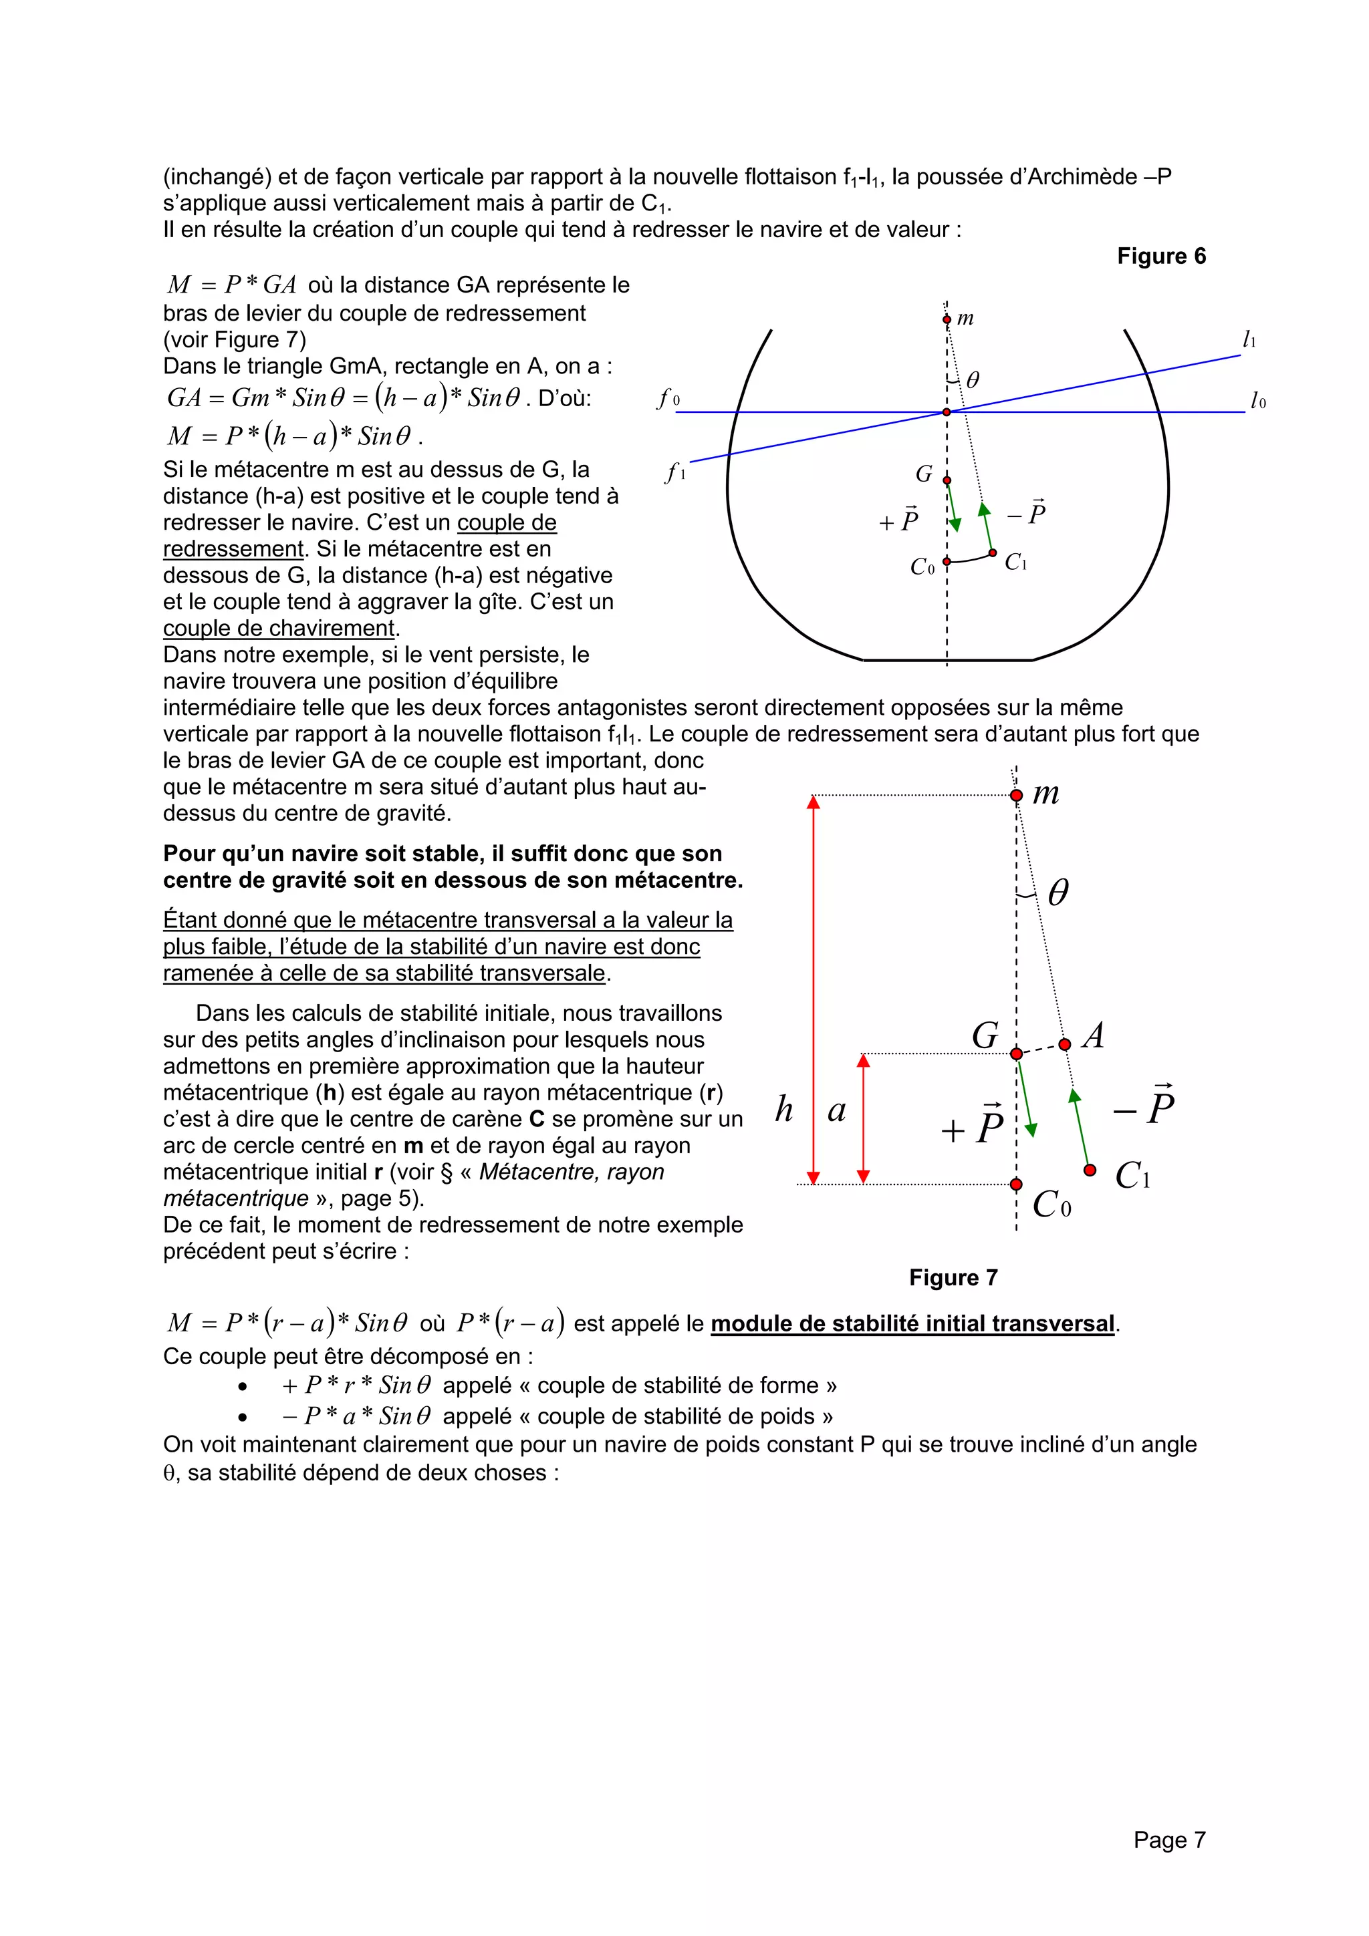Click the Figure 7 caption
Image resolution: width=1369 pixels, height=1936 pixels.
[953, 1277]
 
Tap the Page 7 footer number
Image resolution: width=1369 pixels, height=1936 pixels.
[1169, 1840]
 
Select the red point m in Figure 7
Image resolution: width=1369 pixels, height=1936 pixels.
[1017, 795]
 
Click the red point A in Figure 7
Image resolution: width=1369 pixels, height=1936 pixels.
[1064, 1044]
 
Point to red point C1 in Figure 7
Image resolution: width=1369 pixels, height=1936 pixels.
[1090, 1170]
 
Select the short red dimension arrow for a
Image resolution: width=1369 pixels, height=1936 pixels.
[863, 1118]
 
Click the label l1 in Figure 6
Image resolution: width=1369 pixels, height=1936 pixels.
[1249, 340]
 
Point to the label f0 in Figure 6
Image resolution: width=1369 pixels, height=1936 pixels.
[668, 398]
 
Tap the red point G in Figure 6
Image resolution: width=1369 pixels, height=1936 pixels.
[947, 480]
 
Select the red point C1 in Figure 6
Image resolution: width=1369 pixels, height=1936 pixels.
[992, 552]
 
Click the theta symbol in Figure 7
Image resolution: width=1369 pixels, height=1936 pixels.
[1057, 892]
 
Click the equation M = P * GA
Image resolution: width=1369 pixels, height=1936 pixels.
[231, 285]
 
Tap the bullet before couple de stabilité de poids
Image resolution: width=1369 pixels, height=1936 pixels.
[243, 1418]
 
